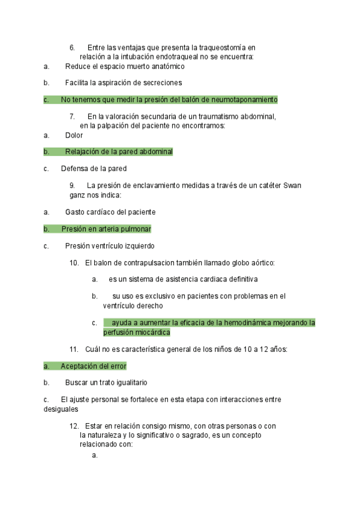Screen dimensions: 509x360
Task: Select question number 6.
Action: (x=72, y=47)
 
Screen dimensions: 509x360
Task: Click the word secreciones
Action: (x=162, y=83)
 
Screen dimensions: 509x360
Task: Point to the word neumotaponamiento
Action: (x=244, y=100)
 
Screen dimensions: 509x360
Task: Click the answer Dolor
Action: (x=74, y=135)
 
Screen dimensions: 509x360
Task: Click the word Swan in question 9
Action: (x=292, y=185)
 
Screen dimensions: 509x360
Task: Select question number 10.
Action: (x=74, y=262)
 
